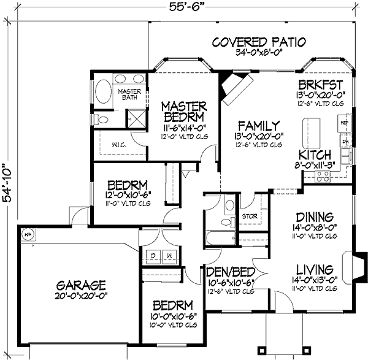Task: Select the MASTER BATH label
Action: (x=129, y=95)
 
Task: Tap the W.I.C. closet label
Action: (x=120, y=145)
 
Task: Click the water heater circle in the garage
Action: (x=27, y=234)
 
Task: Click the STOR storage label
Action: (x=249, y=216)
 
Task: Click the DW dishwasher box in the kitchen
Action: (x=345, y=142)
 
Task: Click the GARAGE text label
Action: (x=82, y=285)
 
